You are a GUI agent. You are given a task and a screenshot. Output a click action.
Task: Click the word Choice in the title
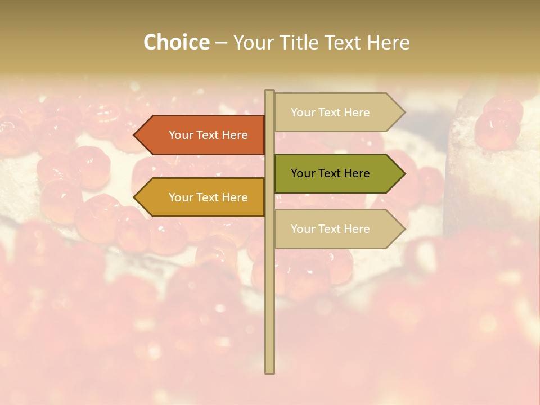click(x=176, y=43)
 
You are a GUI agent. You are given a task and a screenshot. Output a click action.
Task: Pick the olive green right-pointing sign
click(x=332, y=173)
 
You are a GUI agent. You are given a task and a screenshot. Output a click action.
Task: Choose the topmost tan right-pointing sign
click(x=332, y=112)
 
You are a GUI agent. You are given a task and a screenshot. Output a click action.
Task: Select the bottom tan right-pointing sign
click(x=332, y=229)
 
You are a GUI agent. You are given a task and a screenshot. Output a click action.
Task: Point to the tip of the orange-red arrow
click(x=135, y=135)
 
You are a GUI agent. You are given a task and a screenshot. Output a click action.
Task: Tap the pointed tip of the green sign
click(x=404, y=173)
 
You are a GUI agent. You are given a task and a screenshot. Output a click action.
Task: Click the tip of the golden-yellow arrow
click(x=135, y=197)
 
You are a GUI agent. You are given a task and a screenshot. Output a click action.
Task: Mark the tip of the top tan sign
click(x=404, y=112)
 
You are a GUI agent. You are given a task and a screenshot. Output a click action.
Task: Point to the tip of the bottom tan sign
click(x=404, y=229)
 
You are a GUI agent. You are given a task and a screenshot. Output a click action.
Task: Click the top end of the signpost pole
click(x=269, y=92)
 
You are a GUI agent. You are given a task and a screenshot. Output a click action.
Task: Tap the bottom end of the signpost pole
click(x=269, y=372)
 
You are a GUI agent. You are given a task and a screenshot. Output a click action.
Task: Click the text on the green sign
click(x=330, y=173)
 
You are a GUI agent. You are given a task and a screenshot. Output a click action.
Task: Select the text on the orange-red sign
click(x=208, y=135)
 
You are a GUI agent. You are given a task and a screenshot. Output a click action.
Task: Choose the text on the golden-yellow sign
click(x=208, y=197)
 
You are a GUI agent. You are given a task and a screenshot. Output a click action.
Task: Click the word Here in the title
click(x=388, y=43)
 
